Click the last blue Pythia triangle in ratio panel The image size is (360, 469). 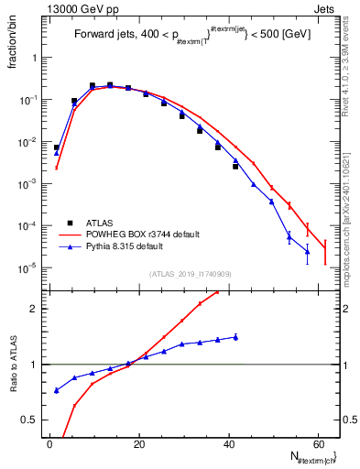coord(235,337)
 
